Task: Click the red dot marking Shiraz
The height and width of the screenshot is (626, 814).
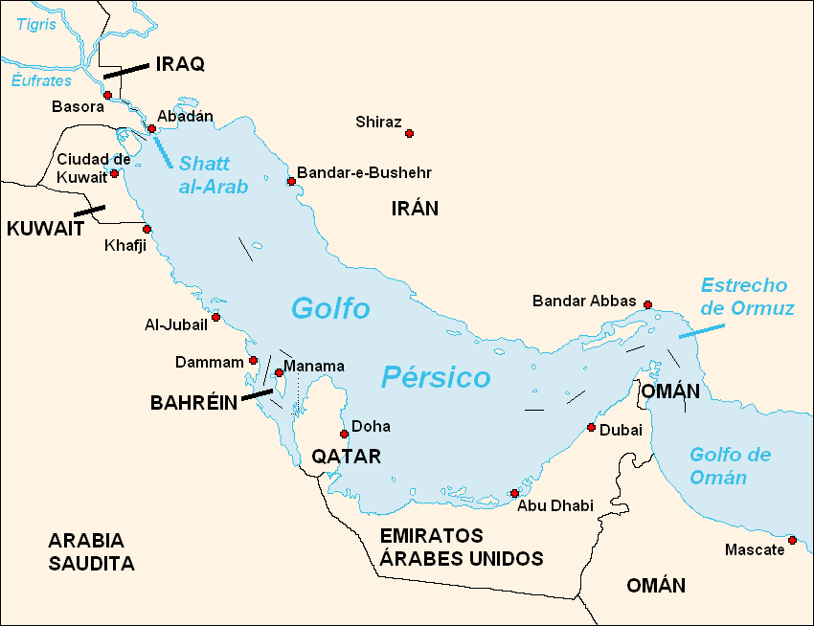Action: click(409, 133)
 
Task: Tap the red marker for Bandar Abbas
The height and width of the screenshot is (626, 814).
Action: click(647, 304)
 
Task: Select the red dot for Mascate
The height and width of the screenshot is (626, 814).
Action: click(792, 540)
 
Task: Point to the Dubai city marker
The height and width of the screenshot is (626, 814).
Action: click(592, 427)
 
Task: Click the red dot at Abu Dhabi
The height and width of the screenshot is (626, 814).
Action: click(514, 493)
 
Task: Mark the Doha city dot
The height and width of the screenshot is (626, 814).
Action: click(344, 434)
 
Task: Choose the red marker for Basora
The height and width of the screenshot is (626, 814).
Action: click(107, 95)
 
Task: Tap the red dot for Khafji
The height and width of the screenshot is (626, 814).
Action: click(147, 229)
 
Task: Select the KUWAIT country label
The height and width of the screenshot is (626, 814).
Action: click(45, 229)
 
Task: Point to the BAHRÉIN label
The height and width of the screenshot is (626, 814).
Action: click(192, 403)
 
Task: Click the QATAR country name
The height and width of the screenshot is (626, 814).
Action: click(346, 457)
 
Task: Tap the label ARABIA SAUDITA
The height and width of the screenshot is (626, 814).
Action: click(91, 551)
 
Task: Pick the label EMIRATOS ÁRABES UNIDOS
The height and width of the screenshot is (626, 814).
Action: click(461, 548)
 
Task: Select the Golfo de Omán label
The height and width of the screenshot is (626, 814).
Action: click(730, 466)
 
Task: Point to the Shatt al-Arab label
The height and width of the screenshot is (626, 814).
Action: click(213, 175)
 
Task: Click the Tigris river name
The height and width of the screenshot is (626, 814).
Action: click(35, 25)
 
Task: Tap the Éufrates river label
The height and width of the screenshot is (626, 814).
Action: click(41, 81)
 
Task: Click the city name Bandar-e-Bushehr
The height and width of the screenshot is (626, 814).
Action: click(364, 173)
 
